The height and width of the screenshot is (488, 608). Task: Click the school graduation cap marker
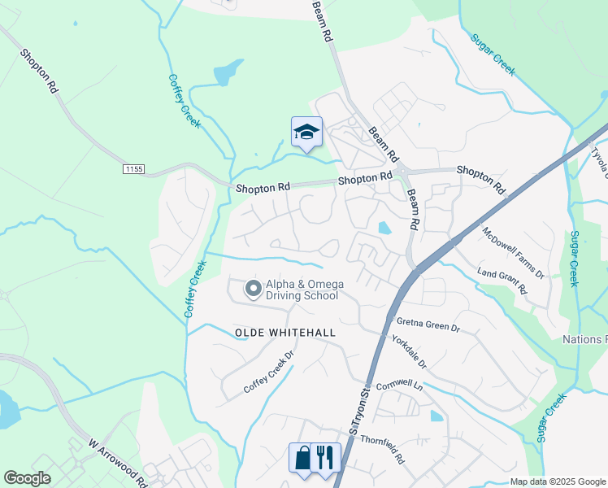coord(306,132)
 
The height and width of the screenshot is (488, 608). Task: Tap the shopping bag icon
coord(302,457)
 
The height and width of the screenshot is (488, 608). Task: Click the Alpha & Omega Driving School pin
coord(253,289)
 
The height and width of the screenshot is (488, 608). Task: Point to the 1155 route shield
coord(134,168)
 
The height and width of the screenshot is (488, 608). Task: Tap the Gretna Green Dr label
coord(428,325)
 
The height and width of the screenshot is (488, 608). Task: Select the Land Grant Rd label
coord(502,281)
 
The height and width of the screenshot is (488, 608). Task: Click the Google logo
coord(27,477)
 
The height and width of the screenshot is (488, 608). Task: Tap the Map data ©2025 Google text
coord(557,481)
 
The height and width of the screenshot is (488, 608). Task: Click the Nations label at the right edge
coord(585,338)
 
